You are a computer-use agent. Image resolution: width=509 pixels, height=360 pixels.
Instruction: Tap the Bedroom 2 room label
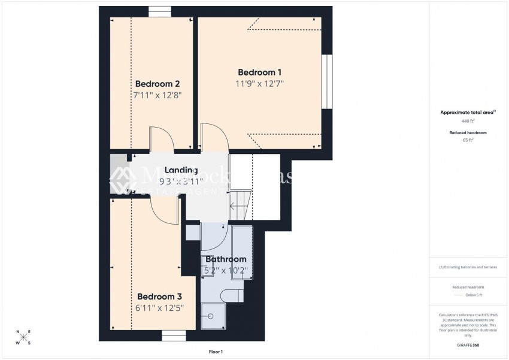tap(157, 84)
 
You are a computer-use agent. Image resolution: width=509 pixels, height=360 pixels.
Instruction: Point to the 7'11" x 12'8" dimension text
tap(157, 95)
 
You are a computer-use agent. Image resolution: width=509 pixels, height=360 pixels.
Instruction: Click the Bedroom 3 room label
tap(159, 297)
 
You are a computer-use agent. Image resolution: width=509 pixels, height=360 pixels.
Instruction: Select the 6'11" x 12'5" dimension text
tap(159, 308)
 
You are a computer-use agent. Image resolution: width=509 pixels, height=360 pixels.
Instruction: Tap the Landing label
tap(181, 171)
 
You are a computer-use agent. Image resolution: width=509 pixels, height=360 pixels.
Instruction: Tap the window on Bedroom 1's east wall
tap(326, 82)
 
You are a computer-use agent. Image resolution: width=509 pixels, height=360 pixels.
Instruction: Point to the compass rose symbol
tap(23, 337)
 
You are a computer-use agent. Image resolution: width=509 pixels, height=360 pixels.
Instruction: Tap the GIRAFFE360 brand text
tap(468, 345)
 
